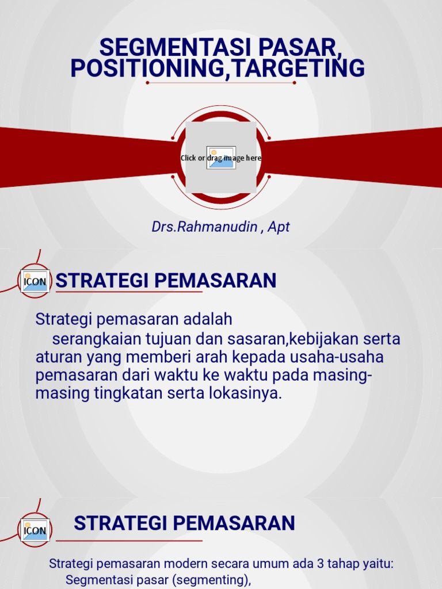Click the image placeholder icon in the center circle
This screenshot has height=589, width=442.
click(x=221, y=158)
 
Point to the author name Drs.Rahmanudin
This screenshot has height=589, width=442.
click(x=204, y=227)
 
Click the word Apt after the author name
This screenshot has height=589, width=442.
click(x=279, y=227)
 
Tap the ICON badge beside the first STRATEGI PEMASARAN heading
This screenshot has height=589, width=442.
click(x=35, y=281)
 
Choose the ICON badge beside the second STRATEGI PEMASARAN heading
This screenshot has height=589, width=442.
click(x=35, y=530)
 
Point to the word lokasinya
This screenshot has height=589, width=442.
click(x=248, y=394)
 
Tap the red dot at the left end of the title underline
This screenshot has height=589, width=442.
click(x=148, y=83)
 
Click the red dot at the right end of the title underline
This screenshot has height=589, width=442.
click(x=294, y=83)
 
